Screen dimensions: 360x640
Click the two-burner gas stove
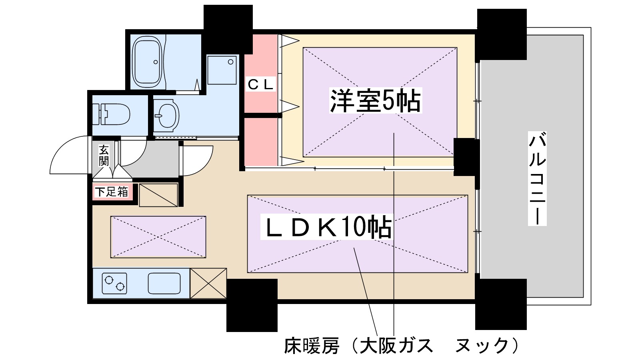point(114,283)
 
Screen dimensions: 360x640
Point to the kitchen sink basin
point(164,283)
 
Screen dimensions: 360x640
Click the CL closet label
point(260,84)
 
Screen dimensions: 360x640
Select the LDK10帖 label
point(326,228)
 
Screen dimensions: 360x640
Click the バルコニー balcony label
point(537,178)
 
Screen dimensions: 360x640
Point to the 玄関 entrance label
point(104,156)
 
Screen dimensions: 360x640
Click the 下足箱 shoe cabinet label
point(112,192)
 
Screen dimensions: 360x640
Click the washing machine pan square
point(222,70)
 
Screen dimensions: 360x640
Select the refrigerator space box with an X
point(208,283)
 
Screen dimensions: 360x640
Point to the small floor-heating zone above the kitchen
point(158,237)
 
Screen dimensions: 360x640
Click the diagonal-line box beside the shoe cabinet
point(158,195)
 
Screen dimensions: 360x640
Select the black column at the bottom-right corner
point(501,304)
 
